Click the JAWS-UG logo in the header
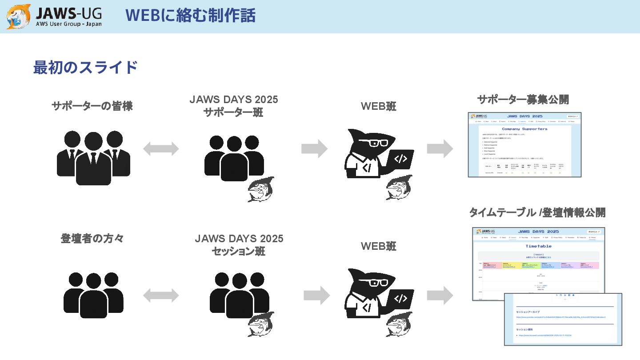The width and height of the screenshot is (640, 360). coord(54,16)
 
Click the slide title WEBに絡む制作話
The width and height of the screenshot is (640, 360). coord(190,16)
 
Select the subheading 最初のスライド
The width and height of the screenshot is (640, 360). coord(85,68)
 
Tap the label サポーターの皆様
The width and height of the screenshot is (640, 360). coord(92,106)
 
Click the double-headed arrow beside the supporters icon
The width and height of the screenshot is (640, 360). coord(161,148)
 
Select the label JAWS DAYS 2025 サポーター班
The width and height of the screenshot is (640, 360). coord(234,106)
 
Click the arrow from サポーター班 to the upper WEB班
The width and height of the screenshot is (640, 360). coord(314,148)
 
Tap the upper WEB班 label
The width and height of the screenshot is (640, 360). coord(378,106)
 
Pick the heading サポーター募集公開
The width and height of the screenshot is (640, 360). coord(523,100)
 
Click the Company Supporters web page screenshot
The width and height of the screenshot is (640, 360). coord(524,145)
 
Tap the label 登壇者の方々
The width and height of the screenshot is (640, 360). coord(92,239)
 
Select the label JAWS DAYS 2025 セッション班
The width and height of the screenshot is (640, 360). coord(239,245)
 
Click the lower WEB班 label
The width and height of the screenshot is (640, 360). coord(378,246)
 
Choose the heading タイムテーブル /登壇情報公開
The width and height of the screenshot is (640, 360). coord(537,212)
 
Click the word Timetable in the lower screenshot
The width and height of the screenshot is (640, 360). coord(538,246)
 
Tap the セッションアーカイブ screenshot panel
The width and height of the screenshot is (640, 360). coord(563,319)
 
